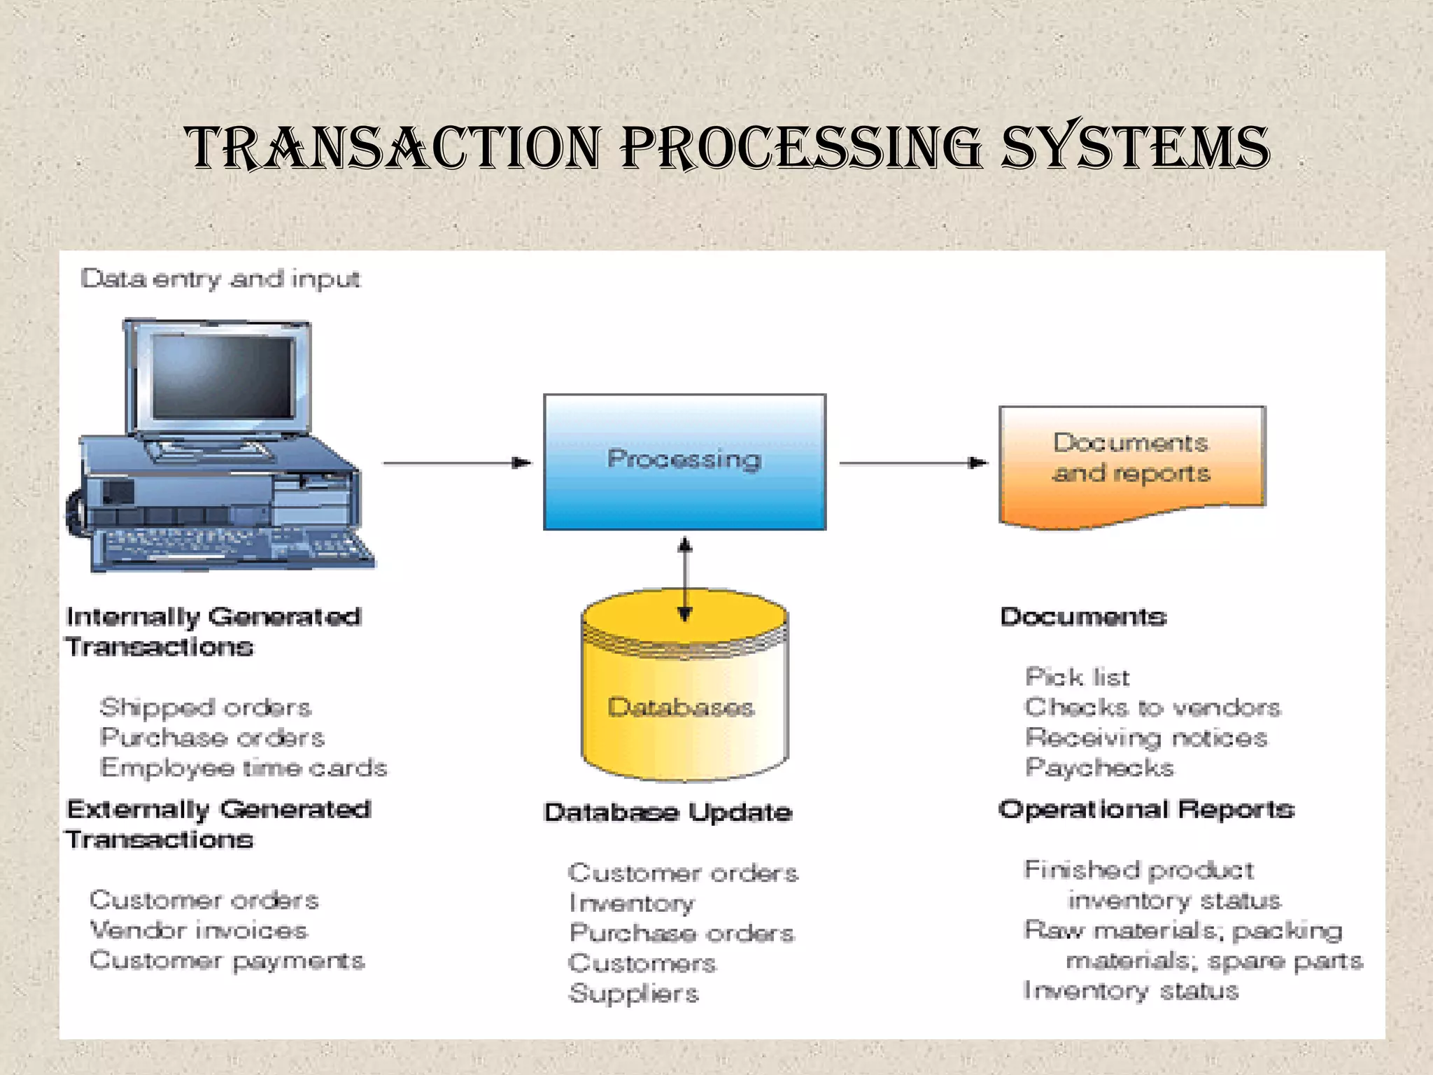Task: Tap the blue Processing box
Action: tap(684, 462)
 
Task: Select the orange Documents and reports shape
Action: tap(1131, 462)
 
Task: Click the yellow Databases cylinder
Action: tap(684, 707)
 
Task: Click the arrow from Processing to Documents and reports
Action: tap(912, 463)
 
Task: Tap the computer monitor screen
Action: tap(223, 377)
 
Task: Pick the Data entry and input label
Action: tap(220, 279)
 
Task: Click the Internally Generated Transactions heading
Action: tap(213, 631)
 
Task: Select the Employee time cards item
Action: tap(243, 768)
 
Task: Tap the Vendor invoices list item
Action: tap(199, 930)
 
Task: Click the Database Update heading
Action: tap(668, 813)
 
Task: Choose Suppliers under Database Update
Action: tap(633, 994)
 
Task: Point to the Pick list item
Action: tap(1077, 677)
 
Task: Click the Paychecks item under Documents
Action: tap(1099, 768)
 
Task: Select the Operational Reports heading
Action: tap(1146, 810)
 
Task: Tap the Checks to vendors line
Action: tap(1152, 708)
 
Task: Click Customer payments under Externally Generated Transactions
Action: tap(227, 961)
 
